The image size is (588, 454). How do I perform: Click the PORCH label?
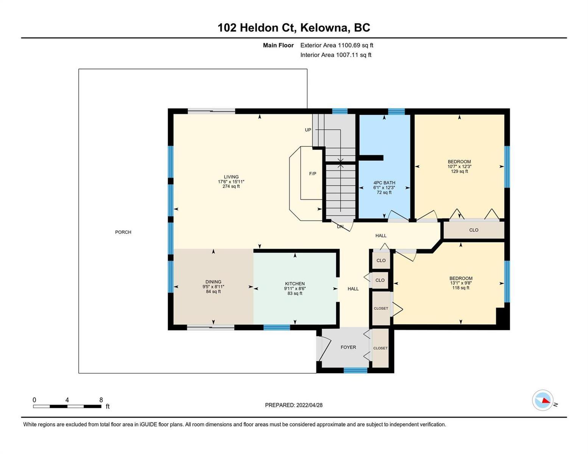click(x=123, y=232)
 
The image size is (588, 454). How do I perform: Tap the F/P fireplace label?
click(x=312, y=174)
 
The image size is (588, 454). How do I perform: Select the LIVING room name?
click(x=231, y=177)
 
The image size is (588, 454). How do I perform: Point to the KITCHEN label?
click(x=295, y=284)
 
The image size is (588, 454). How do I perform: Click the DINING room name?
click(x=213, y=282)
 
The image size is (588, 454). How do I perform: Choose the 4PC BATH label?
click(x=384, y=183)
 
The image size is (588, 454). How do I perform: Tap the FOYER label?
click(x=348, y=347)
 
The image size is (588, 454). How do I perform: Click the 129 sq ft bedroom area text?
click(x=460, y=171)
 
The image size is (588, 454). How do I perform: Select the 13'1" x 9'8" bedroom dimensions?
click(x=461, y=283)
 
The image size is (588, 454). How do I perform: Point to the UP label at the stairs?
click(x=308, y=130)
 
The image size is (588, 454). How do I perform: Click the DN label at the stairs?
click(x=340, y=227)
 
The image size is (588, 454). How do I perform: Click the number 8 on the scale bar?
click(x=101, y=400)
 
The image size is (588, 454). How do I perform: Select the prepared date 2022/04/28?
click(x=309, y=405)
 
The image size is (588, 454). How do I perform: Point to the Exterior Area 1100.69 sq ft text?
click(x=337, y=45)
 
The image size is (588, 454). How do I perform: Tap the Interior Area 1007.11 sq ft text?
click(x=336, y=55)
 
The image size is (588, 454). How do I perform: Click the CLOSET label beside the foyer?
click(x=380, y=348)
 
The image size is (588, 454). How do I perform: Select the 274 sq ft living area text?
click(x=231, y=186)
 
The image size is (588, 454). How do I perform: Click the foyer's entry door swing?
click(x=325, y=349)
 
